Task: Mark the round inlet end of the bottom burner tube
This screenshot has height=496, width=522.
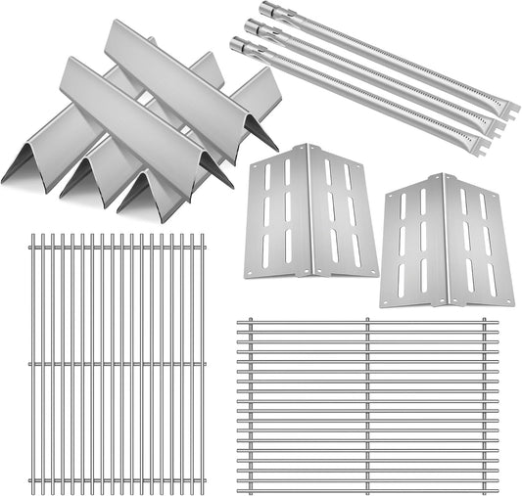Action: [x=238, y=44]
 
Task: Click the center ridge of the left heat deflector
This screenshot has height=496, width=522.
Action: [x=311, y=209]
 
